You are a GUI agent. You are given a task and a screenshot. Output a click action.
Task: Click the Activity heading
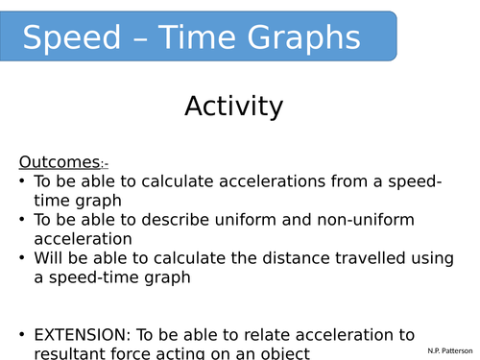pos(233,106)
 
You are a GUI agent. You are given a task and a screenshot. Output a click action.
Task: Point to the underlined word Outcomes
pos(59,161)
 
